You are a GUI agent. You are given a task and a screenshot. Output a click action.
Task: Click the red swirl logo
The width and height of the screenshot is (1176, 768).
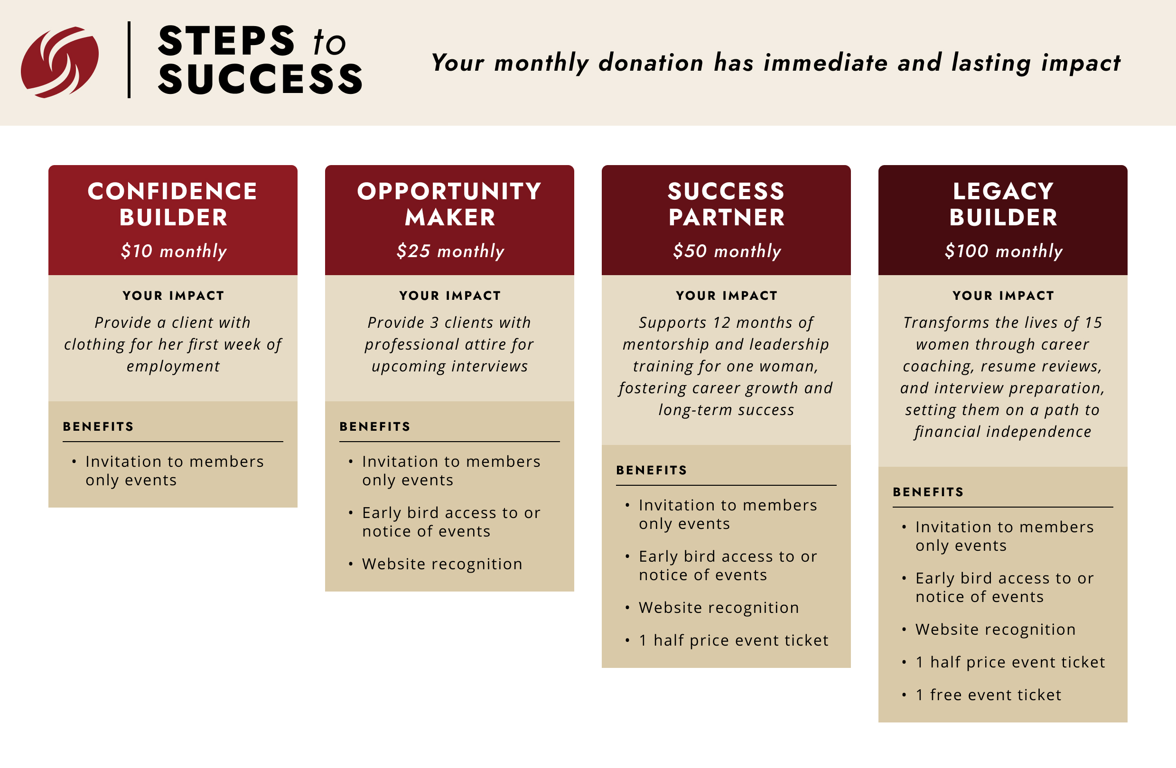[60, 62]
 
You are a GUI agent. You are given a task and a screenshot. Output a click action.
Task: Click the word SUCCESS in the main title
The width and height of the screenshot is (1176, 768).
[261, 79]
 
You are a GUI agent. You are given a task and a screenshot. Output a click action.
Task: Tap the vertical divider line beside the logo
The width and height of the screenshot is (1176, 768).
[129, 60]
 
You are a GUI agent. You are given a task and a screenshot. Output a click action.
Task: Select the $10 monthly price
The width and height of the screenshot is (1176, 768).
[173, 251]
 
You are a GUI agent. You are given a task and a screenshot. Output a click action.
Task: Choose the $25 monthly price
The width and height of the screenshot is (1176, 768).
[450, 251]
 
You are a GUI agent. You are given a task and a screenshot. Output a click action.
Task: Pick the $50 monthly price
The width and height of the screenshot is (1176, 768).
[727, 251]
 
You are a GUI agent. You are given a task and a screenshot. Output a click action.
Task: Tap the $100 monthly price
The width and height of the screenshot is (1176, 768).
[1004, 251]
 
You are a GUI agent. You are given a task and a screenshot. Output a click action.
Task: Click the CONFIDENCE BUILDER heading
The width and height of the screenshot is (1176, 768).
[173, 204]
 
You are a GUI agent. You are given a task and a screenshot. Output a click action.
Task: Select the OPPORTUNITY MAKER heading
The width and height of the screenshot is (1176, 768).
[449, 204]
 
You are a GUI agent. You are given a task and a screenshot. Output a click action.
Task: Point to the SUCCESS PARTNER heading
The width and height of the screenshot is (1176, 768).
[727, 204]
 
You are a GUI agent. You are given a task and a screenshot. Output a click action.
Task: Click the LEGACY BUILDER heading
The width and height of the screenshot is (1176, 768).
[1003, 204]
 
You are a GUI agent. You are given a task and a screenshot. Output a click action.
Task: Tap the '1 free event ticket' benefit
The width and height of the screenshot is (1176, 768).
[988, 695]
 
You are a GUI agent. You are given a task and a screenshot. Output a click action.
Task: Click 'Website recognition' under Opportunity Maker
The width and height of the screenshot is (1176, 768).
[442, 564]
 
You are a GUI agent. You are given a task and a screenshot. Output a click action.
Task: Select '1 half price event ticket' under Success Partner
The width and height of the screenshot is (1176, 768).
[734, 640]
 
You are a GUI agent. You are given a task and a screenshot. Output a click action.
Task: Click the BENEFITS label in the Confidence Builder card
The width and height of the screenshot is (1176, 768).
[98, 427]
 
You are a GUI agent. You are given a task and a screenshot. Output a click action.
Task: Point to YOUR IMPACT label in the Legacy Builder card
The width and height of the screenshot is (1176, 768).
[1004, 296]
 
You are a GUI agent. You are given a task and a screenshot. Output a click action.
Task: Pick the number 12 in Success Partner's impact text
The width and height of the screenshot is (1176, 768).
[722, 323]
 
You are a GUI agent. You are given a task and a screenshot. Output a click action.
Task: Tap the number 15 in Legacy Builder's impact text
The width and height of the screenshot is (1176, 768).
[1093, 323]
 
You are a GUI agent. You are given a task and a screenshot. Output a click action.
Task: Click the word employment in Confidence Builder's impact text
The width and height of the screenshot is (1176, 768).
[173, 367]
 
